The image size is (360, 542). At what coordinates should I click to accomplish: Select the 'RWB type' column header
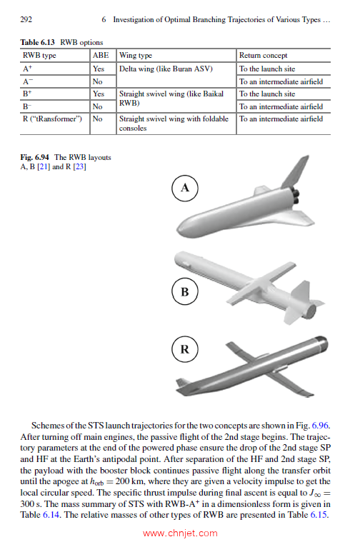point(41,55)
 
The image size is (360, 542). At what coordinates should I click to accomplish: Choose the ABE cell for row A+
point(99,69)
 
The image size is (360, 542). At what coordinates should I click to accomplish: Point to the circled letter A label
point(185,188)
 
